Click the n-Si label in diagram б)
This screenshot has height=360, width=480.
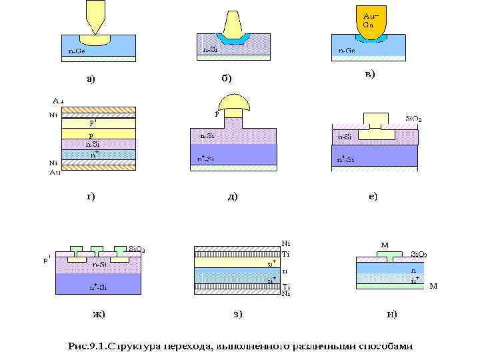coord(209,49)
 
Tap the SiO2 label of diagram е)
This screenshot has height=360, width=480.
coord(413,119)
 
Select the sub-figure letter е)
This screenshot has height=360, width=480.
coord(370,197)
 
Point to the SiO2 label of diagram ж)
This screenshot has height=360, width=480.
coord(137,251)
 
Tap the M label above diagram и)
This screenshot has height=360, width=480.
coord(385,245)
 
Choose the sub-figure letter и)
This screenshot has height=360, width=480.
coord(391,313)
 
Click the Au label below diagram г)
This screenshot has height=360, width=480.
coord(55,172)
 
